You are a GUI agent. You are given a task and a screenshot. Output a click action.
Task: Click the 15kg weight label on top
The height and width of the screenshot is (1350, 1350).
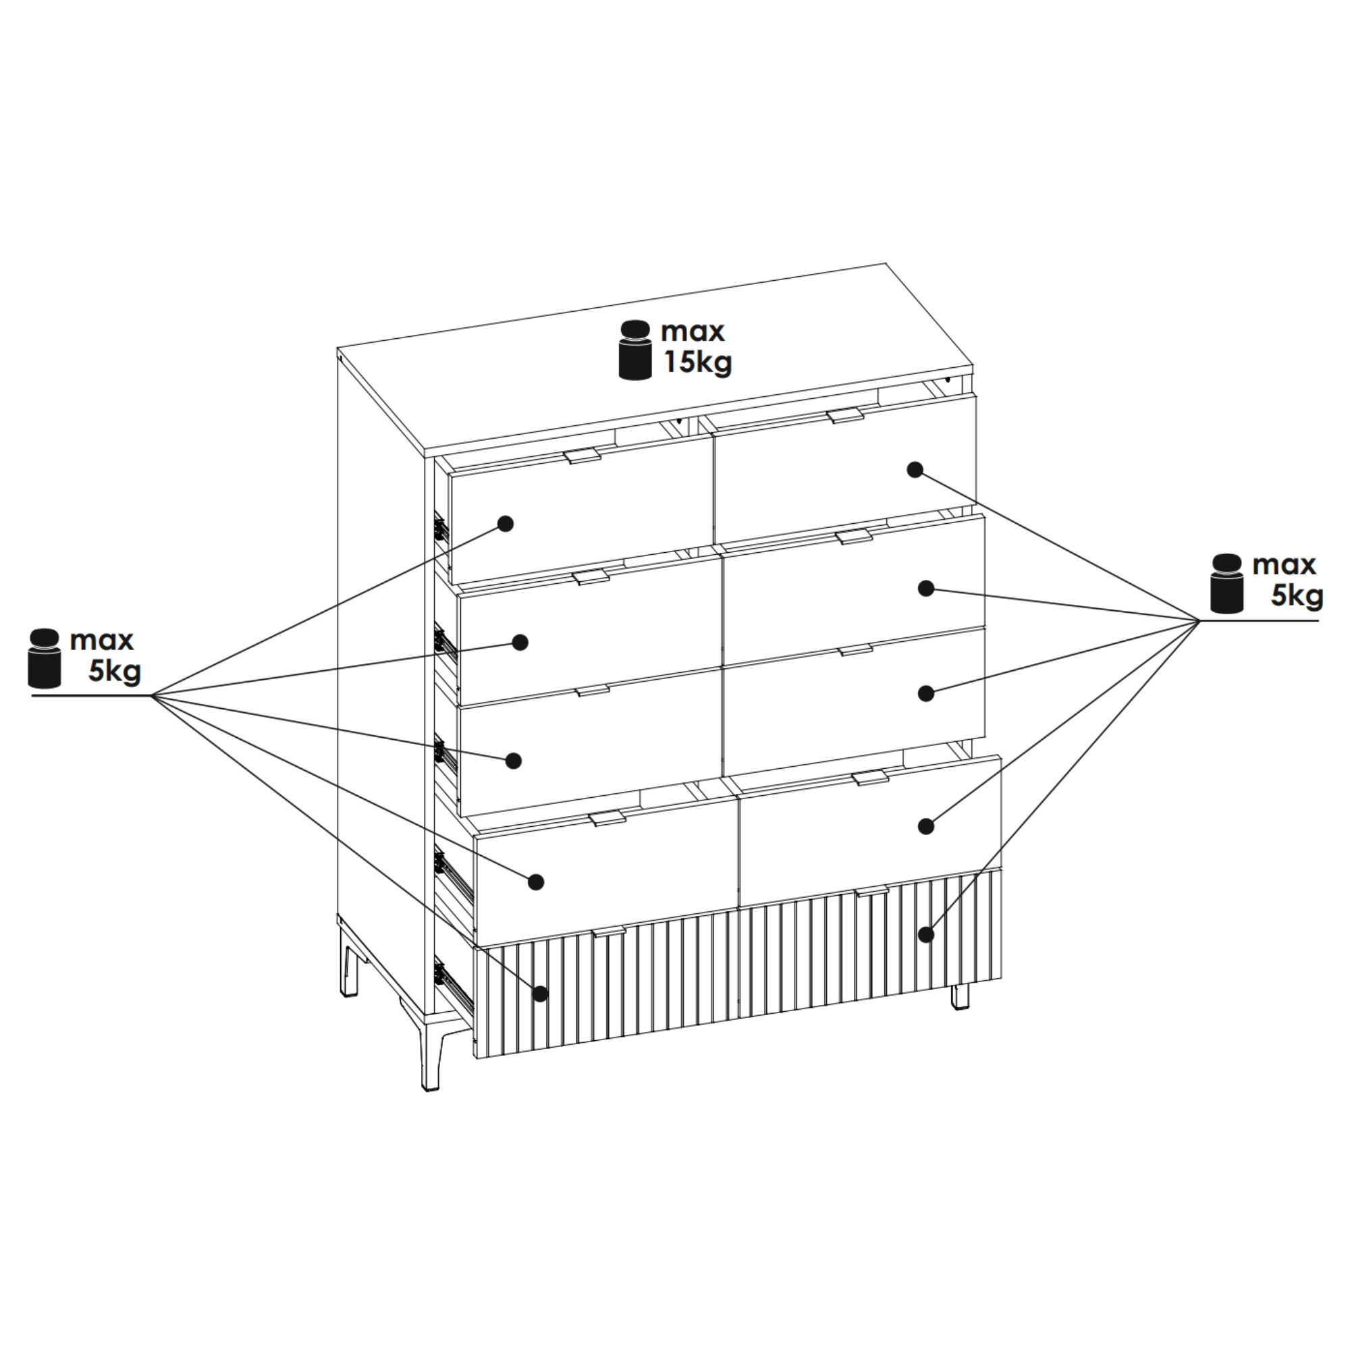click(697, 363)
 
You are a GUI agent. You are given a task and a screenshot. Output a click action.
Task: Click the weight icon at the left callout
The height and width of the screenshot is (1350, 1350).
click(45, 657)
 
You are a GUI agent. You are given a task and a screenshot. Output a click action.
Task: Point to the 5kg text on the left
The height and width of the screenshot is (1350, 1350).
click(115, 672)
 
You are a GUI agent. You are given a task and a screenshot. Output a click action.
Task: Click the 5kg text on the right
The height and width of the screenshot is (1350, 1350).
click(1297, 596)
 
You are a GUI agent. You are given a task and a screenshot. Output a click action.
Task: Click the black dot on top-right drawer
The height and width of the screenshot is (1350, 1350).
click(915, 470)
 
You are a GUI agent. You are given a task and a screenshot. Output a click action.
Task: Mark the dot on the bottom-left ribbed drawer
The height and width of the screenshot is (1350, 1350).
click(540, 994)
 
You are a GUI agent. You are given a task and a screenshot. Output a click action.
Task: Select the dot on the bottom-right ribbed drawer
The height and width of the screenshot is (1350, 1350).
click(927, 934)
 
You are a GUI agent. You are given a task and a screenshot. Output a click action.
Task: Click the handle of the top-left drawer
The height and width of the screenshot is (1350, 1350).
click(582, 456)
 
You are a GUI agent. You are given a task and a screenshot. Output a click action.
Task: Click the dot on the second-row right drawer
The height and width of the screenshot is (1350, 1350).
click(926, 589)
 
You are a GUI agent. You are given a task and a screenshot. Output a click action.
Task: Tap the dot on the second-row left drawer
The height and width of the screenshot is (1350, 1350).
click(520, 642)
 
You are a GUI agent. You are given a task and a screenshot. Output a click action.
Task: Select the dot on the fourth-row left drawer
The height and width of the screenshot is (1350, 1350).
click(535, 882)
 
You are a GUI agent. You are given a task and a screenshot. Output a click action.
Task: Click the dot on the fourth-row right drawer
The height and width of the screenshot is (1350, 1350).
click(926, 826)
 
